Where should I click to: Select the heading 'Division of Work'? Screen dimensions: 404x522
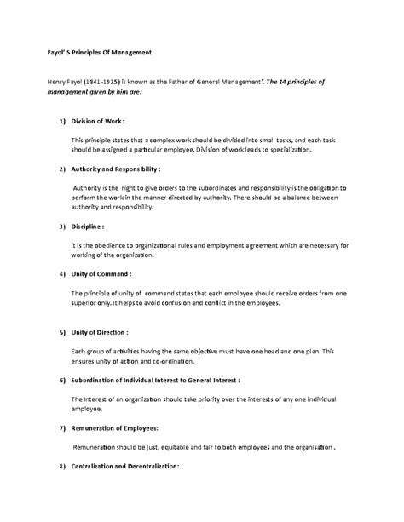101,122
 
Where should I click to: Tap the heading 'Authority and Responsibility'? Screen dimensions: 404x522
116,169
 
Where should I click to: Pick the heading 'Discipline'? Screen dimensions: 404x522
87,227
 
